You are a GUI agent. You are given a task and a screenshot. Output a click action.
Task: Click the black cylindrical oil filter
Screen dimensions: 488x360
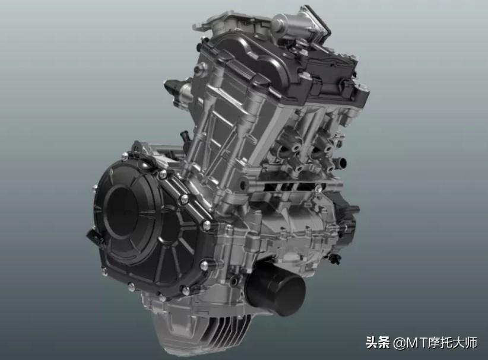click(275, 288)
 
